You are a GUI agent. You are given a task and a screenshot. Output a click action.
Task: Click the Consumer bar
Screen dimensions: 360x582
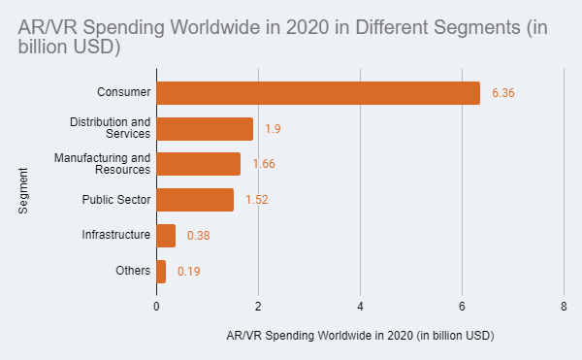[318, 93]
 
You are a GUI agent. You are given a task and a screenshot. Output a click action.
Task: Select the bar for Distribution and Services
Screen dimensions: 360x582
[205, 129]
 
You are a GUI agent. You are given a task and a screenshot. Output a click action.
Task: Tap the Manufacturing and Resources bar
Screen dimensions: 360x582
[198, 164]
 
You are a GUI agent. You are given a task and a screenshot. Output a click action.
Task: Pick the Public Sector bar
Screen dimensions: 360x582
[195, 200]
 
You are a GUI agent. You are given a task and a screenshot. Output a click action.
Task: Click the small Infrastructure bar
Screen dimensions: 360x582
[166, 236]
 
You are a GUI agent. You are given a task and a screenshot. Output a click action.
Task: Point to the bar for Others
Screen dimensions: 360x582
[161, 272]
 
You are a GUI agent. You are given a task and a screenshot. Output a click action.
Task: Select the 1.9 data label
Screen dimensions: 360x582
[273, 129]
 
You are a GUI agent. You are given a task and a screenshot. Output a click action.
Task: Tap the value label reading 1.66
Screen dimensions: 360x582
[264, 164]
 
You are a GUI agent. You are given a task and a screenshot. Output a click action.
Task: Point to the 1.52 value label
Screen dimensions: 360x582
[257, 200]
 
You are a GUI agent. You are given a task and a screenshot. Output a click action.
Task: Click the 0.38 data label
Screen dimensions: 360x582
[199, 236]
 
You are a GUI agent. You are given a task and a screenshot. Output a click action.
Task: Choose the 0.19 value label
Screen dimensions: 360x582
[189, 272]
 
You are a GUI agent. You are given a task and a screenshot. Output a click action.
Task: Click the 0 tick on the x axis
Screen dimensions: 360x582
[156, 306]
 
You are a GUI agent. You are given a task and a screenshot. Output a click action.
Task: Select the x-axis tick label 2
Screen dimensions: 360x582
[258, 306]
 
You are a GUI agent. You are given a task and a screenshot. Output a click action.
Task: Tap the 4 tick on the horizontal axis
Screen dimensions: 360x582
[360, 306]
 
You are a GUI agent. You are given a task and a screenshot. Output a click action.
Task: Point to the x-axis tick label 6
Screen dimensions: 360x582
[462, 306]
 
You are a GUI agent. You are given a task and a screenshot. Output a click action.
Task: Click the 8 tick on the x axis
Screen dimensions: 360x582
[564, 306]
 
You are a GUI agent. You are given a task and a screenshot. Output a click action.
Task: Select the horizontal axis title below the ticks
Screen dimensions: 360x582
[360, 336]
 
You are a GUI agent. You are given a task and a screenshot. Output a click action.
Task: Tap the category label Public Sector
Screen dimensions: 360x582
[116, 200]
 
